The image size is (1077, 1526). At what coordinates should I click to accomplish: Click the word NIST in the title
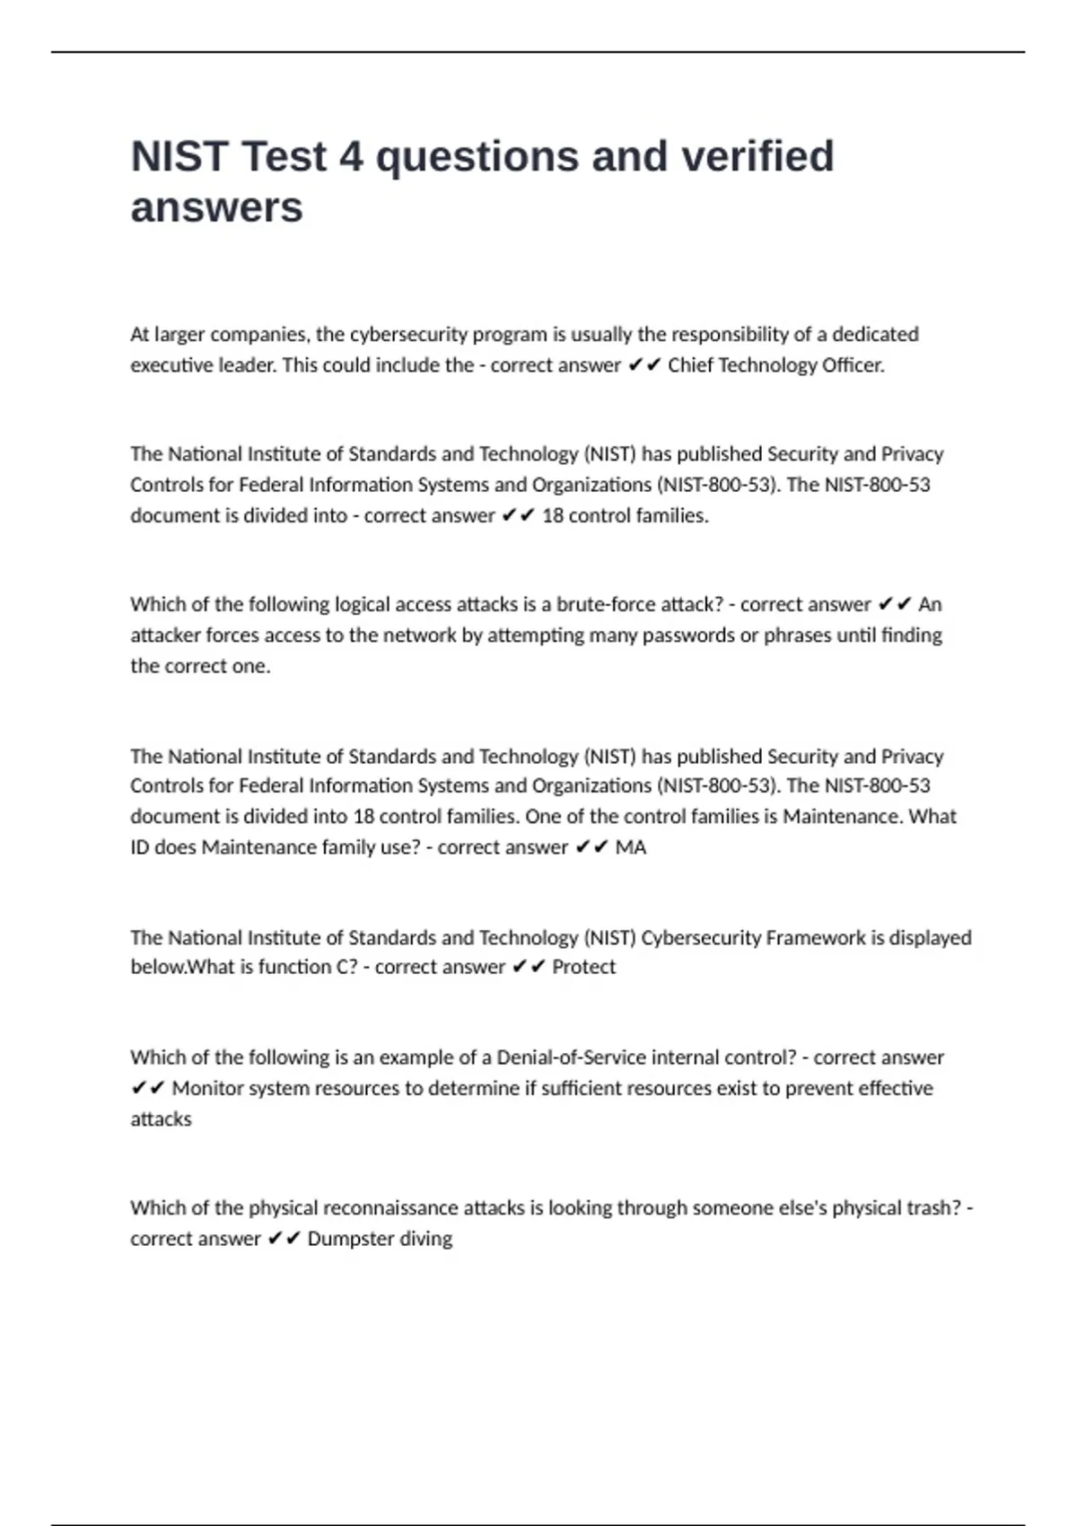(x=179, y=157)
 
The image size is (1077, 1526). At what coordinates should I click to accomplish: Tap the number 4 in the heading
(x=351, y=157)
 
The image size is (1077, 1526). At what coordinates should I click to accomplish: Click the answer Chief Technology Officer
(x=775, y=365)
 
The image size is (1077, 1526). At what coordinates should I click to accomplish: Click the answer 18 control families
(x=625, y=516)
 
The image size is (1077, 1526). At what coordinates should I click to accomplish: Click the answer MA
(x=630, y=847)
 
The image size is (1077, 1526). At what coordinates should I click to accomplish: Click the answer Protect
(x=583, y=968)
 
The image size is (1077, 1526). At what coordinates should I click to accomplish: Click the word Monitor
(x=206, y=1089)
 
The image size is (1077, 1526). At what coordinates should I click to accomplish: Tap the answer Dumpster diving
(x=380, y=1239)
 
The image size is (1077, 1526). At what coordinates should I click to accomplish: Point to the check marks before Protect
(x=529, y=968)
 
